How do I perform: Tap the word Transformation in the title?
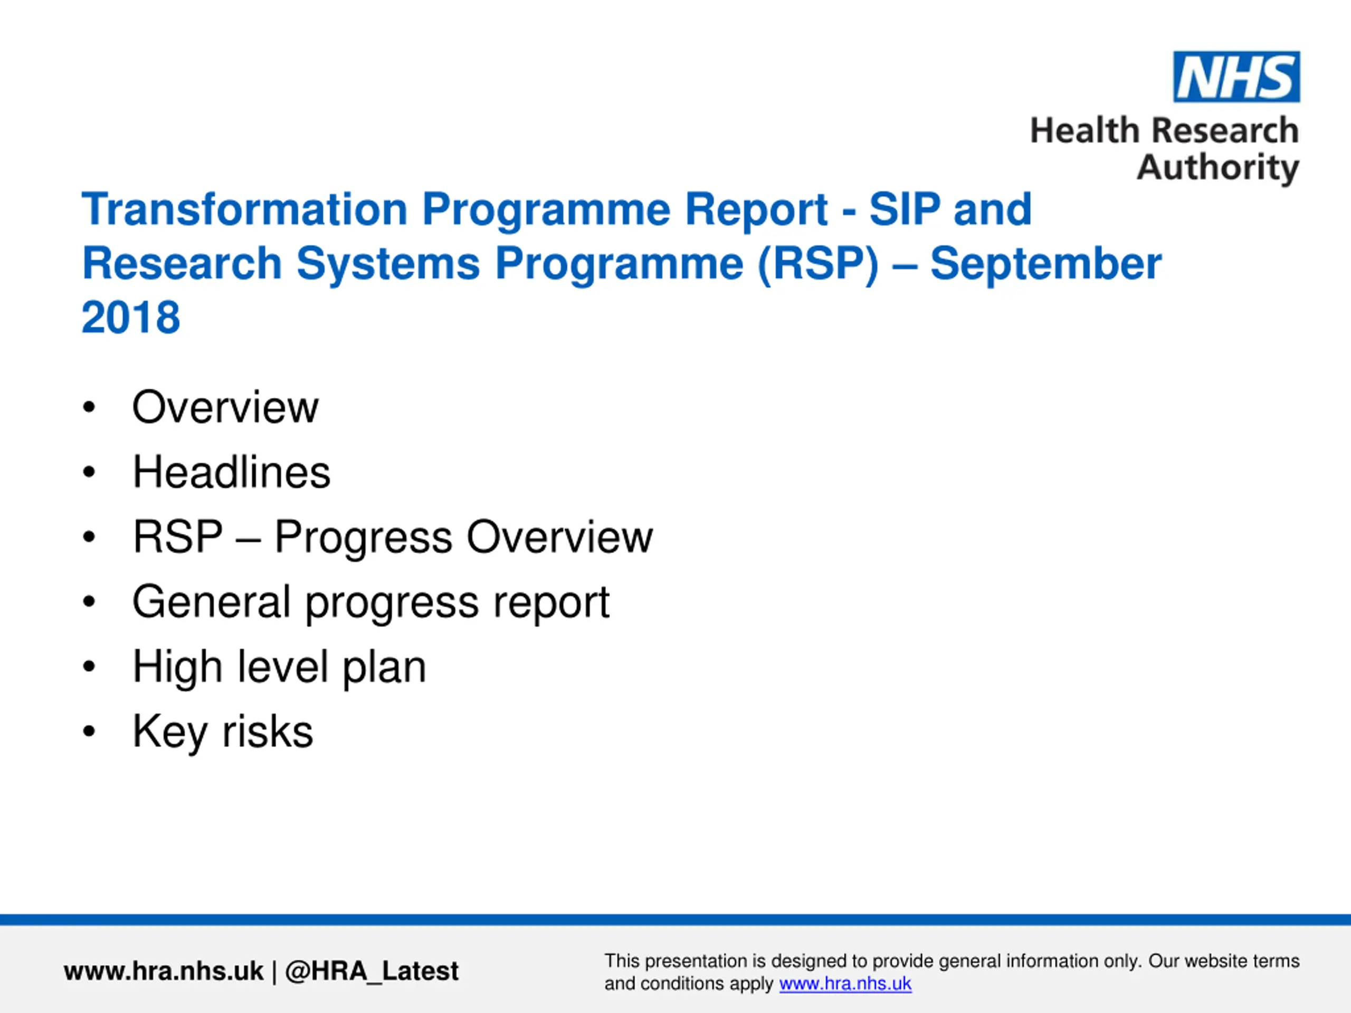click(244, 209)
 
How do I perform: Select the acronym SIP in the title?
click(904, 209)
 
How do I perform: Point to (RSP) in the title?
click(818, 264)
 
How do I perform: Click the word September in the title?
click(1045, 264)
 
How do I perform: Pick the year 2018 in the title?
click(131, 318)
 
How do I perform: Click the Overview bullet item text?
click(225, 407)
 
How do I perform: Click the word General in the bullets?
click(211, 602)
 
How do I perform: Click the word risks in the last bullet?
click(268, 731)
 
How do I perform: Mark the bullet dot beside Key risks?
click(89, 731)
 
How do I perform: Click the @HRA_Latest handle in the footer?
click(372, 971)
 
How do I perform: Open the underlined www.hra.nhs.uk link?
click(845, 983)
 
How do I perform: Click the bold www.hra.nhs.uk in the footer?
click(163, 971)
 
